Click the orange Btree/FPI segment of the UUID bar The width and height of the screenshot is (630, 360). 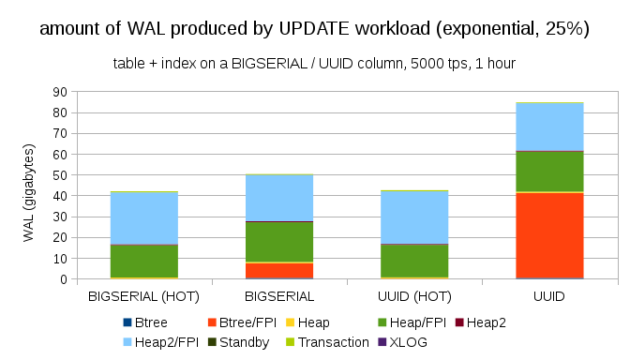(549, 235)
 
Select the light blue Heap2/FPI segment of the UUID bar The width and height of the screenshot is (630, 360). (549, 126)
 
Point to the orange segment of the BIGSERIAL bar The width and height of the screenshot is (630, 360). (279, 270)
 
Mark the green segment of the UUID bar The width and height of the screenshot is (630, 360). (549, 171)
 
